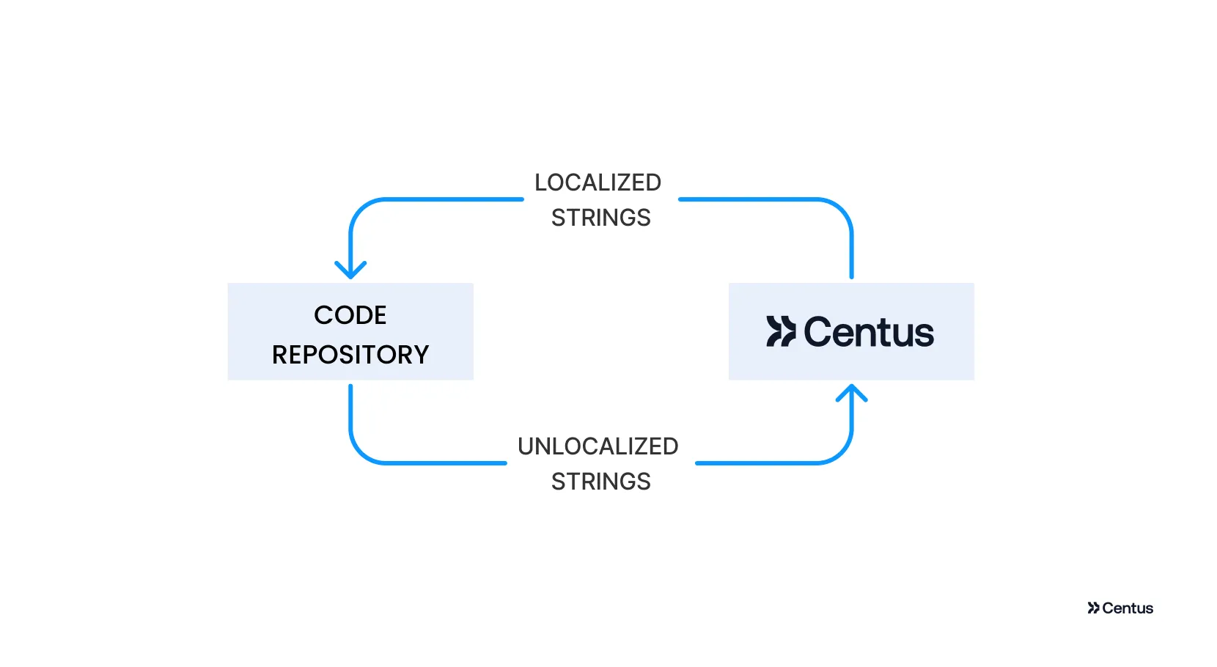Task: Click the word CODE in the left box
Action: [x=350, y=315]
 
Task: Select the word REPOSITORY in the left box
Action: [x=350, y=355]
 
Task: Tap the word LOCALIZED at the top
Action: [x=598, y=183]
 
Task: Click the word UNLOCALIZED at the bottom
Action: [x=598, y=446]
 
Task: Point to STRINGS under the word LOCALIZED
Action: [x=600, y=218]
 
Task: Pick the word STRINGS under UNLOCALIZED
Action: [x=600, y=482]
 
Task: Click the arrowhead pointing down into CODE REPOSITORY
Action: [x=350, y=270]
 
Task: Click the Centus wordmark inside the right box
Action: [x=869, y=332]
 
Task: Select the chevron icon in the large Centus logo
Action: [x=781, y=331]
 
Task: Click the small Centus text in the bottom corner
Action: [x=1128, y=608]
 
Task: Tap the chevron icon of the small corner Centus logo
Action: [x=1093, y=608]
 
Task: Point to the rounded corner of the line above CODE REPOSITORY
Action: [x=361, y=210]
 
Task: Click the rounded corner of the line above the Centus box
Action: [x=841, y=210]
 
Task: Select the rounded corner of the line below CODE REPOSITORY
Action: [x=361, y=452]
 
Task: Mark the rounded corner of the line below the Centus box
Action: [x=841, y=452]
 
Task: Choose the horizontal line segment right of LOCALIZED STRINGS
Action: [x=748, y=199]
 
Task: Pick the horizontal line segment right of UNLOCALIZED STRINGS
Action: [x=755, y=463]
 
